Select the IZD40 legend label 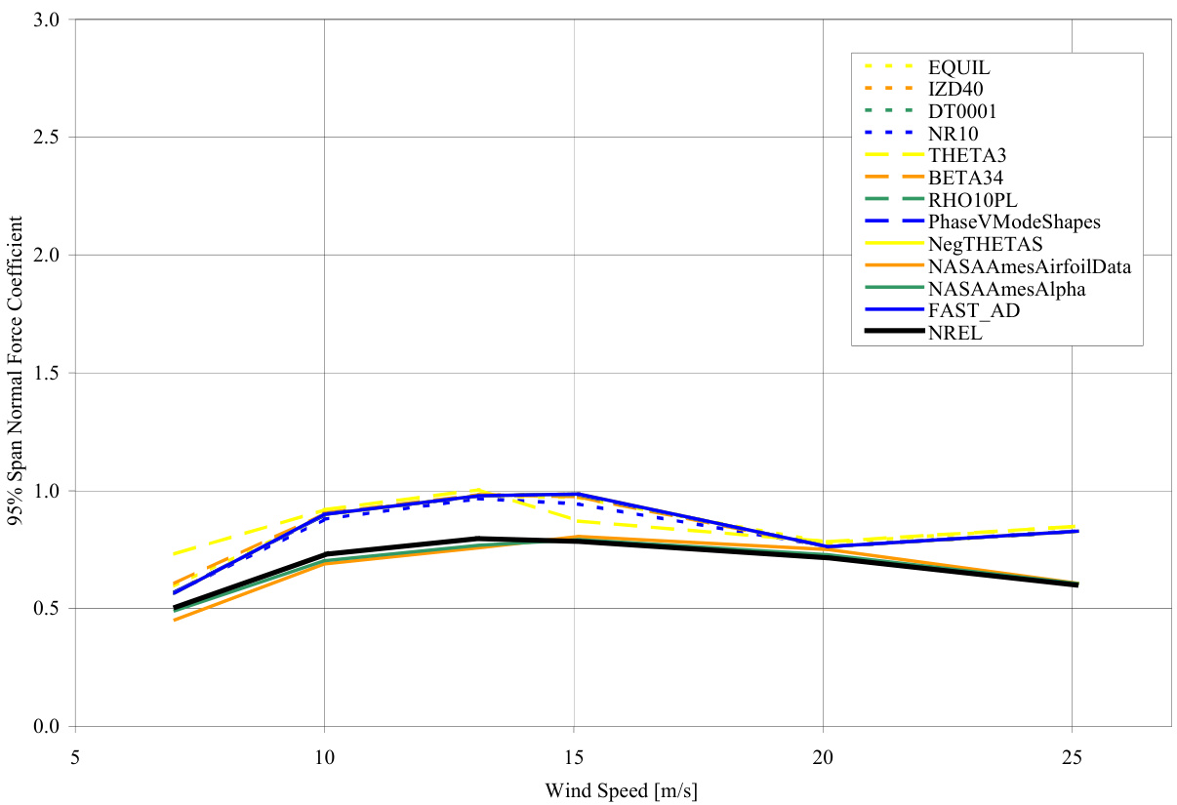click(x=956, y=90)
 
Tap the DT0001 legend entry click(x=963, y=111)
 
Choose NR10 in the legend click(x=954, y=134)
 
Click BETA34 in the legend click(x=965, y=178)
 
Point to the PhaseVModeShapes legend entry click(x=1014, y=221)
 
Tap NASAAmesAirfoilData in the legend click(x=1030, y=266)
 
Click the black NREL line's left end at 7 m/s click(x=175, y=608)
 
